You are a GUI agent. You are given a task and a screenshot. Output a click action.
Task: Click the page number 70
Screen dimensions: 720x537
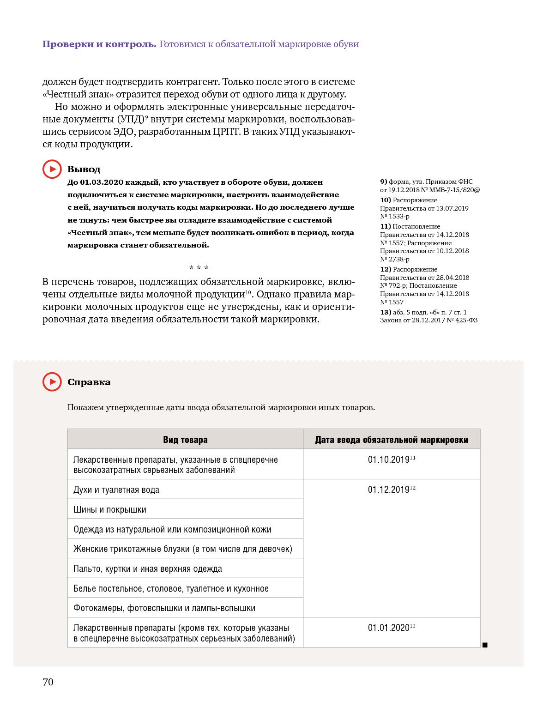click(48, 682)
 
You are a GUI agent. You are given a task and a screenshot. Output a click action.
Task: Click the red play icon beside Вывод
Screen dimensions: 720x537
click(52, 169)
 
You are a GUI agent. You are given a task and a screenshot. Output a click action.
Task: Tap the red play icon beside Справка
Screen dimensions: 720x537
click(52, 382)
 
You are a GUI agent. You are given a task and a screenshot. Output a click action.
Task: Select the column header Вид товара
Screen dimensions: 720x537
click(185, 440)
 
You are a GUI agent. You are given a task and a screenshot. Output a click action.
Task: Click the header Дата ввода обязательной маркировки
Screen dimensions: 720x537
click(392, 440)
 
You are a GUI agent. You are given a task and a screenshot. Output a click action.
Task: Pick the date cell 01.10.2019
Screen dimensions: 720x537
click(389, 460)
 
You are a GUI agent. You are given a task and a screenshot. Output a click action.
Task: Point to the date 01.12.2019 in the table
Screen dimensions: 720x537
click(389, 490)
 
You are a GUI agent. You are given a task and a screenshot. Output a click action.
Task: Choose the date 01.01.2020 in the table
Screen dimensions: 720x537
click(389, 628)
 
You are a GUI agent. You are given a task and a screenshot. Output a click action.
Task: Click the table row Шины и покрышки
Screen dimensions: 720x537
click(110, 509)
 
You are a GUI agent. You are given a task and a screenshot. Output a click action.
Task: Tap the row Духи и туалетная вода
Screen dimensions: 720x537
click(116, 490)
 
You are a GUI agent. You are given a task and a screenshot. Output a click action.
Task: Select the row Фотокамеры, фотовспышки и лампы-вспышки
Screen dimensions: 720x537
click(164, 608)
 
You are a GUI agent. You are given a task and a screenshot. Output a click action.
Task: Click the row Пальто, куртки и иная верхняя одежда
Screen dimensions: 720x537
click(148, 569)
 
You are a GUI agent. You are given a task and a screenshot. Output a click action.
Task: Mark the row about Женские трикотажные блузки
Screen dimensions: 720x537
click(183, 549)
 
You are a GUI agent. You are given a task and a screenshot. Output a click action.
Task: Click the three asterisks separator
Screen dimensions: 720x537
click(199, 268)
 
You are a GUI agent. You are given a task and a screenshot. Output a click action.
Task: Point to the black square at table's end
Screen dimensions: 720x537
click(485, 645)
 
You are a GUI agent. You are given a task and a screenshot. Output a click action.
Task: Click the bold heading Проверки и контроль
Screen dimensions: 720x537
click(99, 44)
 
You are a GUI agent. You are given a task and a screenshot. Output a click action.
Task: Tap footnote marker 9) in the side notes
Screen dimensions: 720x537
click(383, 182)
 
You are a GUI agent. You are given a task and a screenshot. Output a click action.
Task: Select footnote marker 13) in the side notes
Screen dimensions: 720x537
click(386, 312)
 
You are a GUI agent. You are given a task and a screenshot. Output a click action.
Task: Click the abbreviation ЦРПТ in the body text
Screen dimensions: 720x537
click(226, 132)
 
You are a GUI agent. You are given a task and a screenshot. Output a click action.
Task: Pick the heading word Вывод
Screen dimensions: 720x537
click(84, 169)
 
